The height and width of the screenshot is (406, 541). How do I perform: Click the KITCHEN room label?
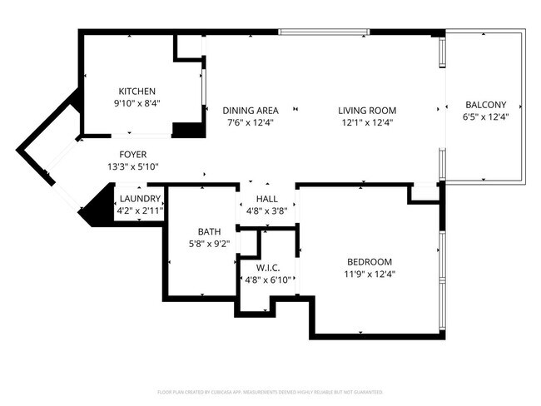[136, 92]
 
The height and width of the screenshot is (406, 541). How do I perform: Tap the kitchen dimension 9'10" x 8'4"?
[136, 103]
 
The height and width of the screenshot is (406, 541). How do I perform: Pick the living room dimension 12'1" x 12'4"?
[366, 122]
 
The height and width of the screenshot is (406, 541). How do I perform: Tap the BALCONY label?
[485, 105]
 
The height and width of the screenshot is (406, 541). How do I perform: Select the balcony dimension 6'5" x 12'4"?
[485, 116]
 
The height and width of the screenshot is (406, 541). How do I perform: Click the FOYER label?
[133, 155]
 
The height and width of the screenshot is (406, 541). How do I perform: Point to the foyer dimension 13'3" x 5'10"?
[133, 166]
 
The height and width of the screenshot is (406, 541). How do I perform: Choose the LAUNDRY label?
[140, 199]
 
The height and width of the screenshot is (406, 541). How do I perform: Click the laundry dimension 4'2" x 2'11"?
[140, 210]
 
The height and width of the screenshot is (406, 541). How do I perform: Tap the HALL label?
[267, 199]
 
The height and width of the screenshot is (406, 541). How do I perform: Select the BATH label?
[208, 232]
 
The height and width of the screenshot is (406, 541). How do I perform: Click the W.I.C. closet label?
[267, 268]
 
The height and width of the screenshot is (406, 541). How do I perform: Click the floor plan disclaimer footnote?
[270, 391]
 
